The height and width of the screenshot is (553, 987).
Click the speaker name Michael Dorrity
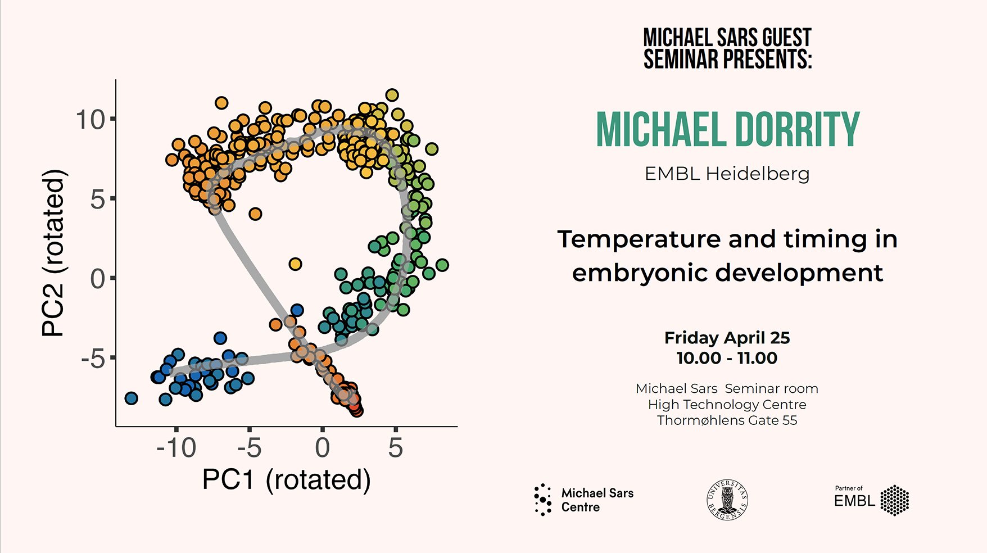tap(727, 129)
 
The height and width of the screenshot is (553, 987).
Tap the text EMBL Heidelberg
tap(727, 174)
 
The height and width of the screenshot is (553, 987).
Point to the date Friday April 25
tap(727, 338)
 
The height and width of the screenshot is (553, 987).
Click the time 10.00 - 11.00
tap(727, 358)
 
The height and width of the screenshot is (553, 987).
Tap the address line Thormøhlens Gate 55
tap(727, 420)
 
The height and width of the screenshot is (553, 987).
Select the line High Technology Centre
tap(727, 405)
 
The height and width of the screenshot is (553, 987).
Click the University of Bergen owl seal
tap(727, 500)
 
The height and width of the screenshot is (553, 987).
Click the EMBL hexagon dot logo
tap(894, 500)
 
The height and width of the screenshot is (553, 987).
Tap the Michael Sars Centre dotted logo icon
tap(543, 500)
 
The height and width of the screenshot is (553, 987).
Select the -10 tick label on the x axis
tap(176, 448)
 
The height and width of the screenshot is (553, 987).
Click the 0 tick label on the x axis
tap(323, 448)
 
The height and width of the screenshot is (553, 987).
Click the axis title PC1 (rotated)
tap(287, 480)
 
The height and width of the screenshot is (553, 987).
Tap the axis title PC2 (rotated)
tap(54, 253)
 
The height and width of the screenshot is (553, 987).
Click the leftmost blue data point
tap(131, 398)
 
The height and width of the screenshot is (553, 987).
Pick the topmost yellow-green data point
tap(392, 95)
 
